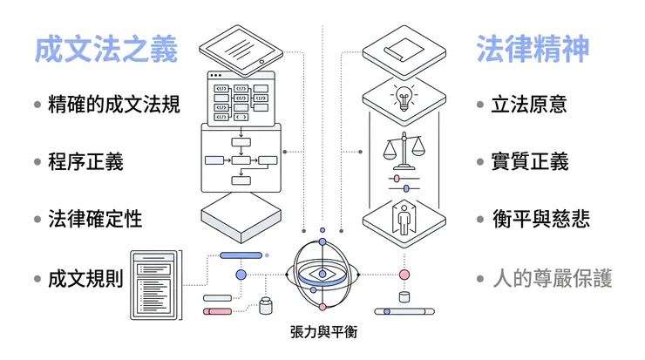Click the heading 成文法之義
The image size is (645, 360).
coord(105,50)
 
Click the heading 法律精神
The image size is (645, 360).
coord(532,50)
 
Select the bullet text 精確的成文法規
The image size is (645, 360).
coord(113,105)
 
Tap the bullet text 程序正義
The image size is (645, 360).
coord(85,161)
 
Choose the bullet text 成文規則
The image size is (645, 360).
coord(85,279)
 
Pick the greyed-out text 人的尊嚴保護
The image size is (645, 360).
coord(552,279)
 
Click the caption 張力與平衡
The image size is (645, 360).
coord(323,333)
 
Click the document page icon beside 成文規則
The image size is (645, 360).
coord(155,282)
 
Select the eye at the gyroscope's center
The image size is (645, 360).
coord(322,273)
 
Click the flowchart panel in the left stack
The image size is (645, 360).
coord(241,159)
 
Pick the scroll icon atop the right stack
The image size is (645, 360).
coord(403,47)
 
